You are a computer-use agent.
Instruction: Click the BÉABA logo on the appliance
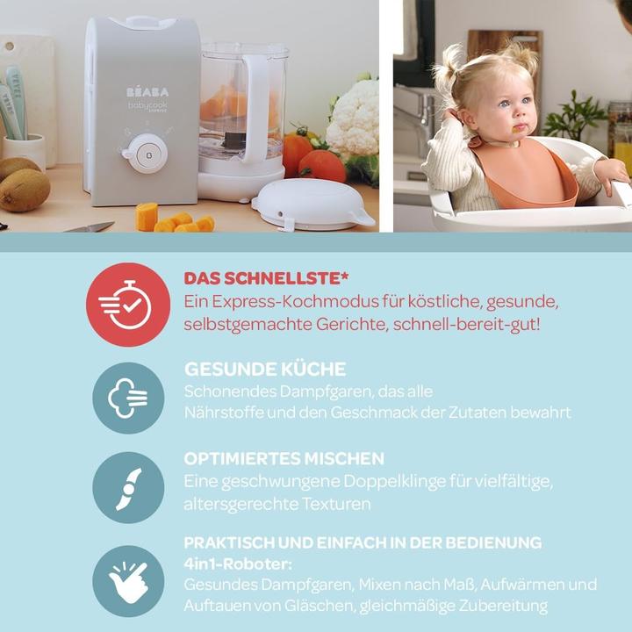(147, 91)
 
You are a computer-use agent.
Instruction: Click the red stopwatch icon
(128, 305)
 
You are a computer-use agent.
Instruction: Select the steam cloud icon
(128, 398)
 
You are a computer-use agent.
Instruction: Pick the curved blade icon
(128, 488)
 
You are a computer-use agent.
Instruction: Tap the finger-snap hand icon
(128, 580)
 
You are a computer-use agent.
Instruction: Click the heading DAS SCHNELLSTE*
(266, 278)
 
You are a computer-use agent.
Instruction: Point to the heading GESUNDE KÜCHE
(264, 369)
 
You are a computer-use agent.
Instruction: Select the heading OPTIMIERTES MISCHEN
(284, 459)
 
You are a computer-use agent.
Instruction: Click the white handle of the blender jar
(257, 105)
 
